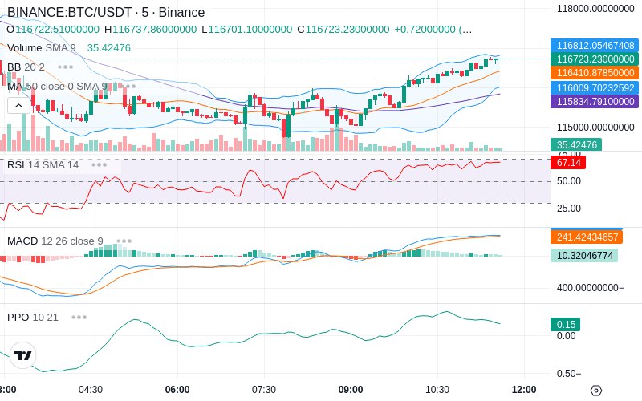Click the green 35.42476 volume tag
(x=576, y=145)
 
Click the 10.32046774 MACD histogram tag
(x=583, y=256)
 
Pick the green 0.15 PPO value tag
(x=566, y=325)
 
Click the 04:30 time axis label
(x=90, y=389)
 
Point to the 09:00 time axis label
(x=351, y=389)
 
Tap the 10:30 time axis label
(x=437, y=389)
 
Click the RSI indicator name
(x=16, y=164)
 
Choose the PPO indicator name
(x=18, y=317)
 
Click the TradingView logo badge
(x=23, y=355)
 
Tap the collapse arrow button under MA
(x=17, y=105)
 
